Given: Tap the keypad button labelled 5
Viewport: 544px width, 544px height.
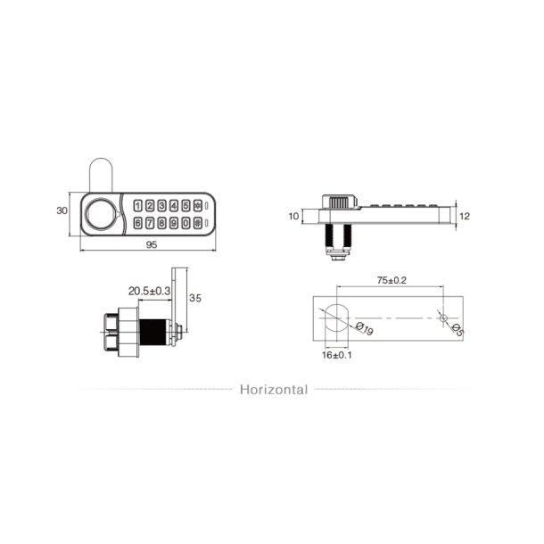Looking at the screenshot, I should pos(185,205).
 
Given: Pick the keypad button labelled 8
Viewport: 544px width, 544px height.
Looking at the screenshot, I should pos(162,223).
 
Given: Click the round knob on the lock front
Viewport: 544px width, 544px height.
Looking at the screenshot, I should pos(100,214).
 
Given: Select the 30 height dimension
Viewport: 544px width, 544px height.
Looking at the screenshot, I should pos(62,211).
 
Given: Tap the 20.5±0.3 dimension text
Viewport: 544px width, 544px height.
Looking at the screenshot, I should pos(149,291).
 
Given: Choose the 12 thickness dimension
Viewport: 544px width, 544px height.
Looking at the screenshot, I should pos(464,215).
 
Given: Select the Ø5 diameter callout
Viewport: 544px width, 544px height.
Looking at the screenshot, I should pos(457,331).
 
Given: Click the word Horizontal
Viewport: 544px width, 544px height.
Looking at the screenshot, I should pos(273,390).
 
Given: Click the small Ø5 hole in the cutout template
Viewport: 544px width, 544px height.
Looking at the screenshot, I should pos(443,317).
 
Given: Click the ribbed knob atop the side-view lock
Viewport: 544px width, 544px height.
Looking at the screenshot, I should pos(339,202).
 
